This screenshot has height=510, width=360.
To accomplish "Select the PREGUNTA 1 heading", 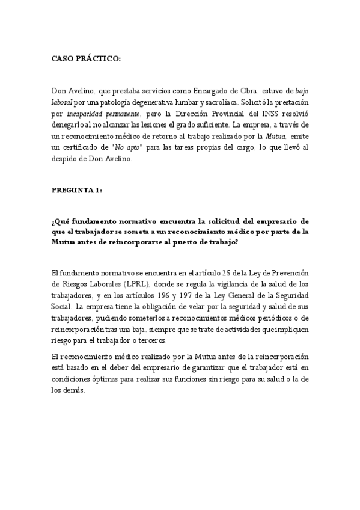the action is tap(77, 190).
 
